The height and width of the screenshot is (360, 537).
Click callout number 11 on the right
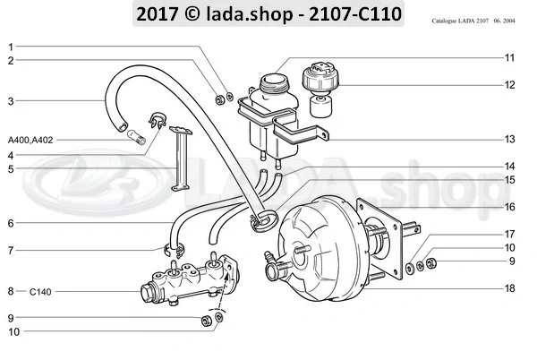(x=508, y=58)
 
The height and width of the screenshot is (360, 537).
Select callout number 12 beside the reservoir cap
(x=508, y=85)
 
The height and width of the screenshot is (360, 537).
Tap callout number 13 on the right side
(x=508, y=140)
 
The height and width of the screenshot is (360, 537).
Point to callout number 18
(x=508, y=288)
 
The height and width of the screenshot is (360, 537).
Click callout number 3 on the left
(x=11, y=101)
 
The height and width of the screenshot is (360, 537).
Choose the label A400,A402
(x=29, y=141)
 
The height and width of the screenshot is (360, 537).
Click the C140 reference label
(x=39, y=291)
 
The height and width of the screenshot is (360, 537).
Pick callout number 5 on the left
(x=11, y=168)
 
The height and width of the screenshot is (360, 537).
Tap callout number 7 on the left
(x=11, y=251)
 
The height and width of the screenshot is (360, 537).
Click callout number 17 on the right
(x=508, y=235)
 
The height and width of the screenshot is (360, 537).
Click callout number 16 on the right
(x=508, y=206)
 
